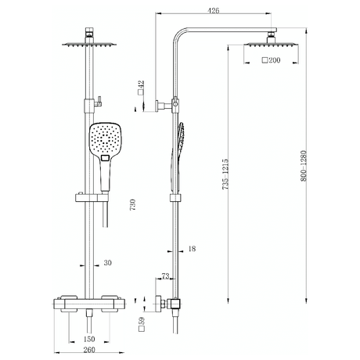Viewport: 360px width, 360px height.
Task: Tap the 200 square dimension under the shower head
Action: [271, 60]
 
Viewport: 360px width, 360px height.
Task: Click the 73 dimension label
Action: [165, 277]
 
